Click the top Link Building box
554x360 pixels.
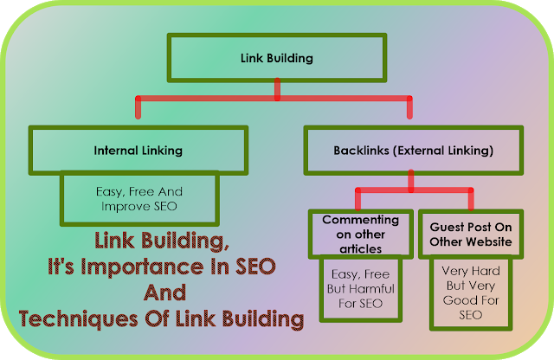pos(275,59)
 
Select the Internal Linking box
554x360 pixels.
pos(138,150)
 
